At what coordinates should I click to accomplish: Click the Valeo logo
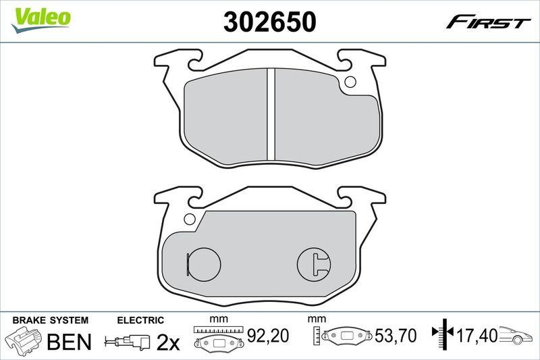point(40,18)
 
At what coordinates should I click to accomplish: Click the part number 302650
point(269,22)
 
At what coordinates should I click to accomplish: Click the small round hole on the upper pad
point(350,83)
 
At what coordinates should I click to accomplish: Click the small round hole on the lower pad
point(189,218)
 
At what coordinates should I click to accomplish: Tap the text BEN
point(68,342)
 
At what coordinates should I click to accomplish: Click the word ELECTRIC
point(140,320)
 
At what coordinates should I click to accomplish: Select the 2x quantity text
point(168,342)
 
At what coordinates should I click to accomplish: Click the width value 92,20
point(272,334)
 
